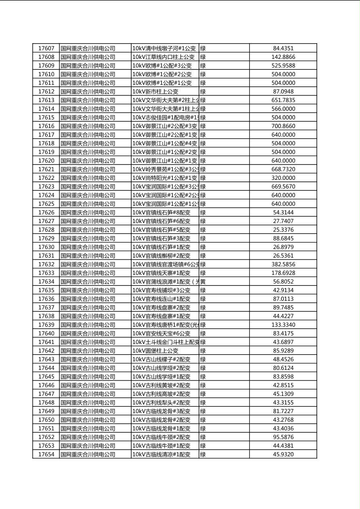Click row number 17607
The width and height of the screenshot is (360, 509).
coord(46,48)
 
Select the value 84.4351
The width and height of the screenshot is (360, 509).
coord(283,48)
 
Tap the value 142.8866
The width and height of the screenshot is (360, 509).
coord(283,57)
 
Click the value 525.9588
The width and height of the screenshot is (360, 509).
coord(283,66)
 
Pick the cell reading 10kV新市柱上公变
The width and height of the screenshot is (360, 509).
coord(155,92)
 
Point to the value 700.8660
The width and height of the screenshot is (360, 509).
coord(283,126)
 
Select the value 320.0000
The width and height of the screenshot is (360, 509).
coord(283,178)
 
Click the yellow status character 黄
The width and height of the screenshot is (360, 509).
coord(203,282)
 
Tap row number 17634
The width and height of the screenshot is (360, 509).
coord(46,282)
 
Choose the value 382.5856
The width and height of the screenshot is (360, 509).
coord(283,264)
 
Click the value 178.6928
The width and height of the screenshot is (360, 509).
coord(283,273)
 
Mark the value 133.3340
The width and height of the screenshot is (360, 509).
coord(283,325)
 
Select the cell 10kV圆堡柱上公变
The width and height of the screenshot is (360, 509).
coord(155,351)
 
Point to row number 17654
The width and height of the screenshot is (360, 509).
coord(46,454)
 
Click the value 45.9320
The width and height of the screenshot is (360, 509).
coord(283,454)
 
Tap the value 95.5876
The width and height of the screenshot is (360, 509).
coord(283,437)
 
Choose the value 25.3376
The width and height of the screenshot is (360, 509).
coord(283,230)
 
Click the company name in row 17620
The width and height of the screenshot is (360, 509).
coord(88,161)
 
